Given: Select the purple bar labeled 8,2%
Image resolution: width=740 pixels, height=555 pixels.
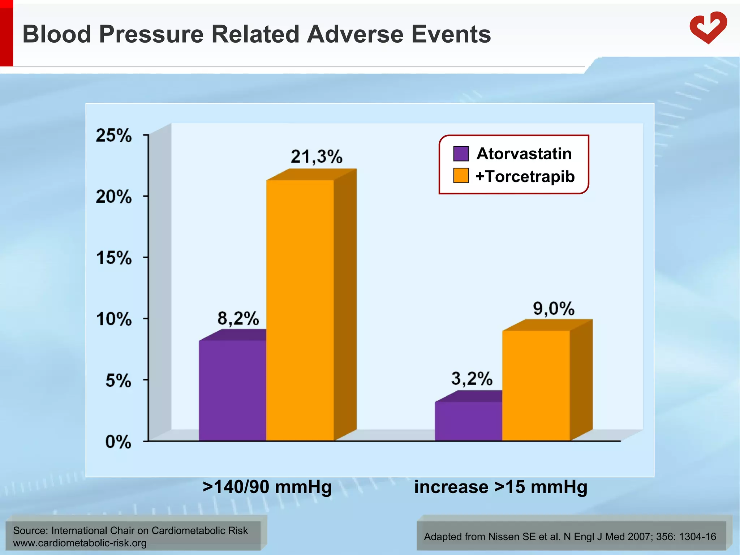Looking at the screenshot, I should (x=232, y=390).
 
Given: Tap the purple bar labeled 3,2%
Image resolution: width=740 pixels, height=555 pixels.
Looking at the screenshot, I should (x=468, y=421).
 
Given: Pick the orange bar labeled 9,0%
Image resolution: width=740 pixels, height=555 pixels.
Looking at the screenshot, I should (x=536, y=385).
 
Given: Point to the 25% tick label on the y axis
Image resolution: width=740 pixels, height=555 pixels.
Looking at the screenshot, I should (x=113, y=136).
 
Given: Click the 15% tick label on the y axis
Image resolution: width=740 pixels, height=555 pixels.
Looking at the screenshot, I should (x=113, y=258).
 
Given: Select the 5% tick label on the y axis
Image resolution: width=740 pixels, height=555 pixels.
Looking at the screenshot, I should (x=118, y=381).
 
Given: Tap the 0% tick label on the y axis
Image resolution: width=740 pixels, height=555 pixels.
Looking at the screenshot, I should (x=118, y=442).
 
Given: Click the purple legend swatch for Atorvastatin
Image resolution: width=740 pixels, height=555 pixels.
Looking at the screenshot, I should (x=461, y=154).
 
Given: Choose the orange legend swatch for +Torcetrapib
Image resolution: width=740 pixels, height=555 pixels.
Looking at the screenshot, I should (x=461, y=176).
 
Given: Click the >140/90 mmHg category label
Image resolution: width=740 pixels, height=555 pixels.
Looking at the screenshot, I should (x=267, y=487).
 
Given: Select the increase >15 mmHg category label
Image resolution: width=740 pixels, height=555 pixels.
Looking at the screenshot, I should (x=500, y=487).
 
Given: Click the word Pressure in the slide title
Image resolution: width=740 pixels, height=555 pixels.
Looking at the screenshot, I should (x=151, y=34).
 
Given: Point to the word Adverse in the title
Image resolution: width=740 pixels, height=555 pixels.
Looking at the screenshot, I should (x=355, y=34).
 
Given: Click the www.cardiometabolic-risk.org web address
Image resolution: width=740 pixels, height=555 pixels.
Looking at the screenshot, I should (x=79, y=543).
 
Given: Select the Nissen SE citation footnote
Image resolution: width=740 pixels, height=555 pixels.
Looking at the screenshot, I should (x=570, y=537).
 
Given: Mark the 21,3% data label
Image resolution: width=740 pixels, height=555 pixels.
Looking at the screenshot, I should (x=317, y=157).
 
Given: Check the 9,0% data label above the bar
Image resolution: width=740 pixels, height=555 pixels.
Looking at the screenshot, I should (x=554, y=309).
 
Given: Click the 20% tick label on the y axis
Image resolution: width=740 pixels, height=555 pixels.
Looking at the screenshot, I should (x=113, y=197).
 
